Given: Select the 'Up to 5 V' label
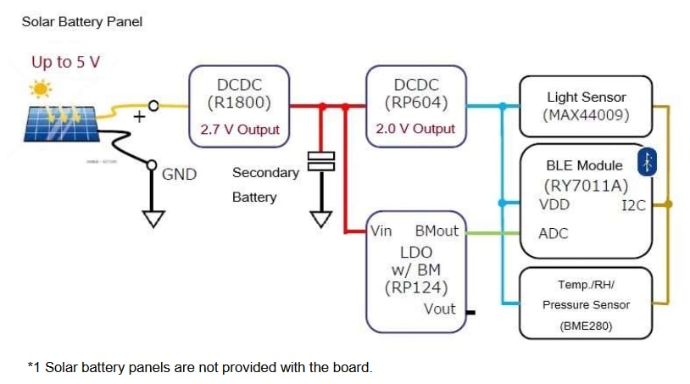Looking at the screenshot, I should click(65, 62).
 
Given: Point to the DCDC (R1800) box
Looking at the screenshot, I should click(239, 93).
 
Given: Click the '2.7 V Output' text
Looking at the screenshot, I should click(239, 130).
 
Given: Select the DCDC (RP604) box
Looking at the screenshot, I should click(415, 93).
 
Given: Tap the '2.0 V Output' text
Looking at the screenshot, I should click(415, 130).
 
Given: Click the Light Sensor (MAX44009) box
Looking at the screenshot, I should click(586, 106).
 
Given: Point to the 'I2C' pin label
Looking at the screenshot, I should click(633, 205).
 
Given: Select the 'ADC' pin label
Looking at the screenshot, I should click(554, 233).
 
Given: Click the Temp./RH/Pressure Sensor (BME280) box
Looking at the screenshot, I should click(586, 304).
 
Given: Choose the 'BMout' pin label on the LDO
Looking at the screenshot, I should click(437, 231).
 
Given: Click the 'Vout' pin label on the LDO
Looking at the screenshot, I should click(439, 309).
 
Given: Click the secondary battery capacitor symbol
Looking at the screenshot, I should click(321, 161).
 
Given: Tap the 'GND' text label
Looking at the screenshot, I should click(179, 175).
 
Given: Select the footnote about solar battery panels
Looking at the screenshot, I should click(199, 367).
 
